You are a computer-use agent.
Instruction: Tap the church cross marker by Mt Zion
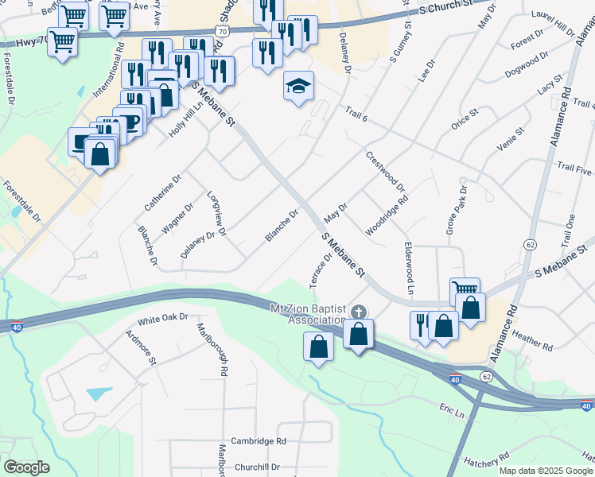pos(359,311)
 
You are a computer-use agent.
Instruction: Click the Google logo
pos(26,467)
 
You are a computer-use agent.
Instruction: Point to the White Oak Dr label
pos(162,320)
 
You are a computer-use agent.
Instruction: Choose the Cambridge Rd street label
pos(259,441)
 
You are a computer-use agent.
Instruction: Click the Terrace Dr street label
pos(321,273)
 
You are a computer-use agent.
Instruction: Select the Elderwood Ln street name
pos(409,269)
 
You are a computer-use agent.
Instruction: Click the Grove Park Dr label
pos(454,211)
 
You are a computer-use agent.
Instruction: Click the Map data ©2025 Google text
pos(546,471)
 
